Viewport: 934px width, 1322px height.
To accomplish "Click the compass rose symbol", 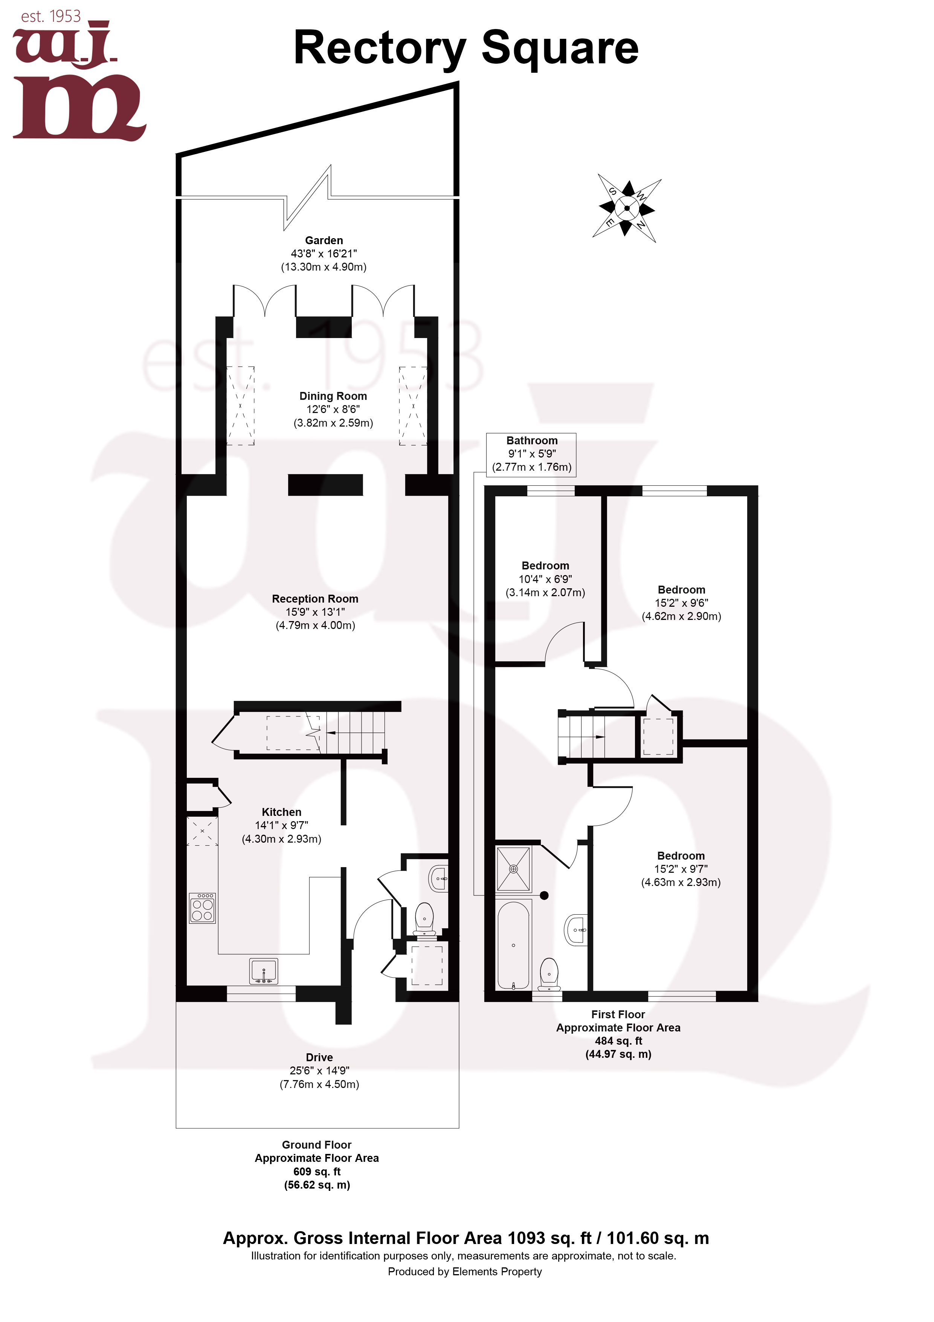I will coord(627,208).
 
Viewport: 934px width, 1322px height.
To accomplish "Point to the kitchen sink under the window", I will coord(264,971).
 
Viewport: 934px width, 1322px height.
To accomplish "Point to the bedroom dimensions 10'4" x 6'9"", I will coord(545,579).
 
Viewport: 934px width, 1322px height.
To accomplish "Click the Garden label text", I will coord(324,241).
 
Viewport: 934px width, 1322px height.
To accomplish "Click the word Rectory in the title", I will coord(380,48).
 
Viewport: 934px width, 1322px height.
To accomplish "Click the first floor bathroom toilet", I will coord(549,974).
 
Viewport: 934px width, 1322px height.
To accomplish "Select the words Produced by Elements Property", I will coord(464,1272).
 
